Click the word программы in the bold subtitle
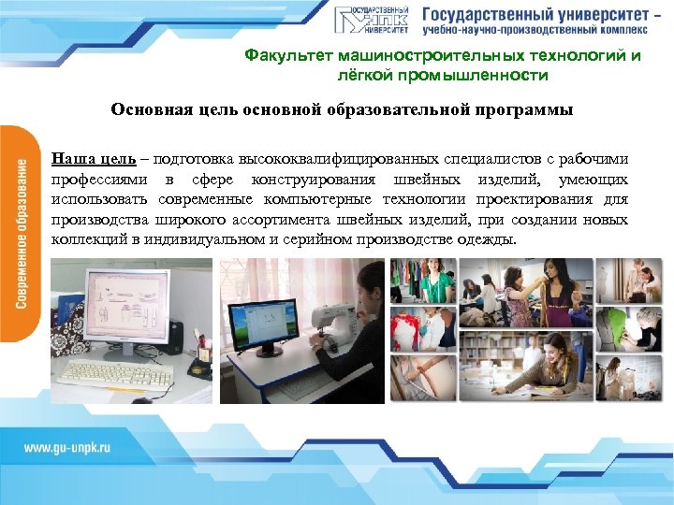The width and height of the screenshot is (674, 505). pos(521,109)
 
